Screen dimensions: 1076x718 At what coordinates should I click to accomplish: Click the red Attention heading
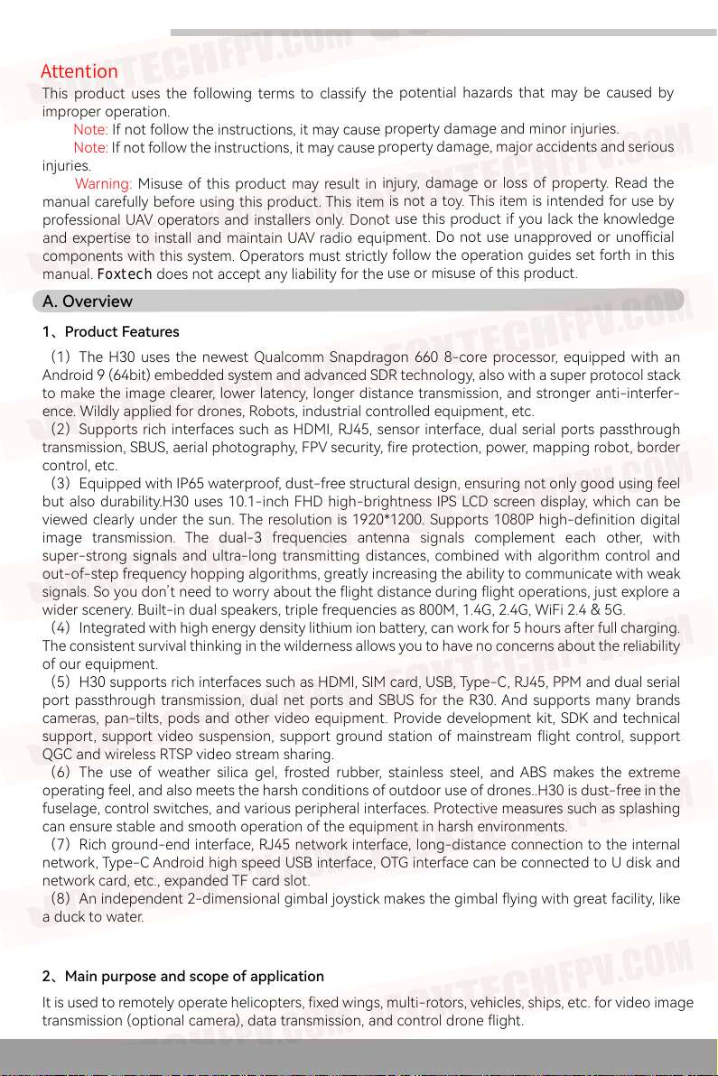[79, 71]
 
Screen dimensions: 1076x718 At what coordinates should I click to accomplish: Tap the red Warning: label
[103, 184]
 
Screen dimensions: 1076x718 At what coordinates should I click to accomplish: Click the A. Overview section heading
[88, 301]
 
